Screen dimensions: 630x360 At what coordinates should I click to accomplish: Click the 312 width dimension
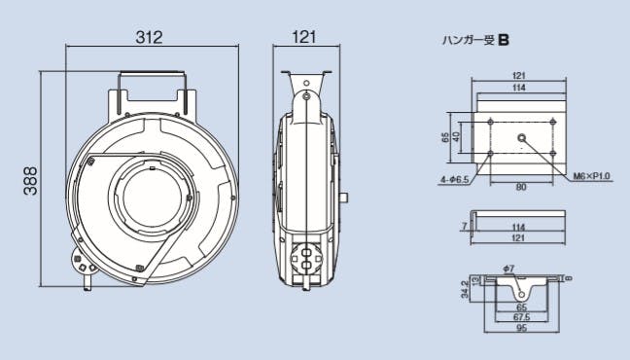[149, 37]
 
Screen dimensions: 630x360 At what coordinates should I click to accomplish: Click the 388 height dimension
[30, 181]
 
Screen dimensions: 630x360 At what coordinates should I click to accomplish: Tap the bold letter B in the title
[504, 40]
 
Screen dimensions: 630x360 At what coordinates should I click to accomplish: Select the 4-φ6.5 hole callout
[454, 180]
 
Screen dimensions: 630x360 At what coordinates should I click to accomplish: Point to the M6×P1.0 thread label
[591, 176]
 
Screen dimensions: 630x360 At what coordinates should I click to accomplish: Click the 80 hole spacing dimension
[521, 187]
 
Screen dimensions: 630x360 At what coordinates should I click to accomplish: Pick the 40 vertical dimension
[456, 137]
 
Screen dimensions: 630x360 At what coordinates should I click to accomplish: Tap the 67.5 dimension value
[521, 317]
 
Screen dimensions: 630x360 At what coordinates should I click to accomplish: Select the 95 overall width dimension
[521, 328]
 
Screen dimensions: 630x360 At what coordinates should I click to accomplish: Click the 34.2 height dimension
[465, 289]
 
